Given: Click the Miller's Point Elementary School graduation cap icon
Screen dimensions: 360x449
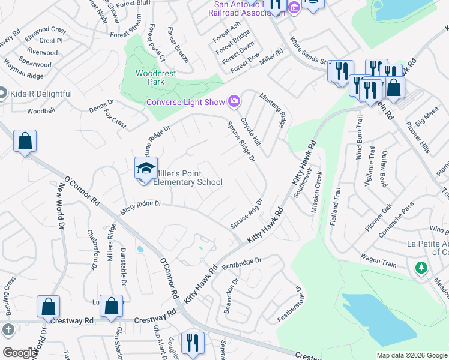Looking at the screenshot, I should point(146,169).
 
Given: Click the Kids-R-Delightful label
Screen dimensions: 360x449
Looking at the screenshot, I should point(40,94).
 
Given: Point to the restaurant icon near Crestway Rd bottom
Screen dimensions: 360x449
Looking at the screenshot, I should point(192,343).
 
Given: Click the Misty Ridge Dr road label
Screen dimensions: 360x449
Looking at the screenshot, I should point(141,204).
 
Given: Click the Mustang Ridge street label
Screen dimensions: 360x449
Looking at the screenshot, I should point(271,110).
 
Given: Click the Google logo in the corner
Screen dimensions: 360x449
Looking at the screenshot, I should point(20,353).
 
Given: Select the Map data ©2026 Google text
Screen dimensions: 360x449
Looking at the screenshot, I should point(412,355).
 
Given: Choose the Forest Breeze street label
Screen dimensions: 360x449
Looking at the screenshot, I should point(178,45).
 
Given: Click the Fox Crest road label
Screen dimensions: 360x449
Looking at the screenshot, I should point(115,118).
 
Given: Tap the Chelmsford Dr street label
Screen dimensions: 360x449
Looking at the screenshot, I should point(92,249).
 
